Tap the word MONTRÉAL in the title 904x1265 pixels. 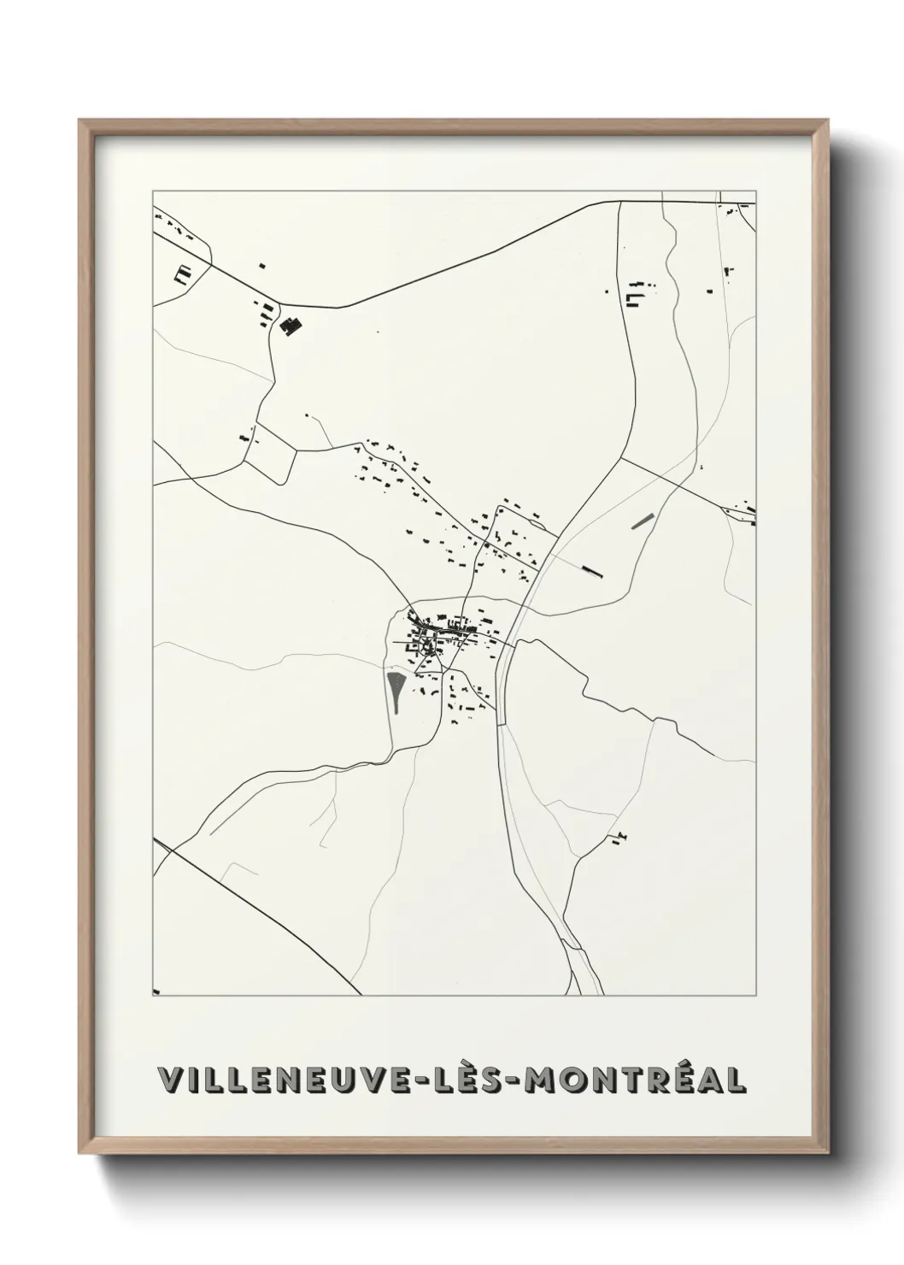pos(636,1080)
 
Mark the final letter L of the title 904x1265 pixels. pos(737,1080)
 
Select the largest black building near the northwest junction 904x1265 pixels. pos(290,325)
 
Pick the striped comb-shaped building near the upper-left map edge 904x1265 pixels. pos(181,274)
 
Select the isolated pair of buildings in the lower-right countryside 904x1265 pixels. pos(619,838)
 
